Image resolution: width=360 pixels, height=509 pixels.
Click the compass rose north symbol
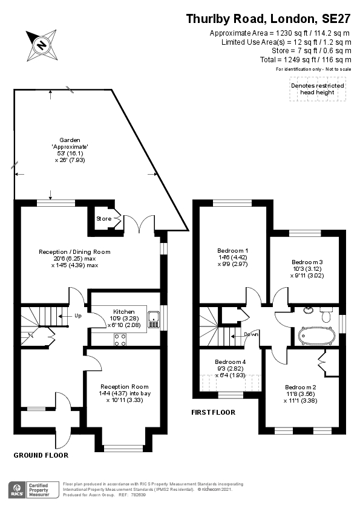tap(41, 44)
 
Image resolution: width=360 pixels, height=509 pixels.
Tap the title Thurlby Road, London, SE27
tap(268, 19)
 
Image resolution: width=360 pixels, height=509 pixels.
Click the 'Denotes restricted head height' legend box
tap(317, 89)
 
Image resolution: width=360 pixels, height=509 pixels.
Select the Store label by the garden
tap(103, 218)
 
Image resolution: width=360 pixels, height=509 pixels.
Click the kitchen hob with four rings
tap(120, 340)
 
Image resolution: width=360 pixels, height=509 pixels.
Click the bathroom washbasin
tap(309, 311)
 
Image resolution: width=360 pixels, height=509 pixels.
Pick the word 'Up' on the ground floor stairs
tap(78, 316)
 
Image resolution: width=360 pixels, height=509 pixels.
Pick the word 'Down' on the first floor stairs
tap(251, 334)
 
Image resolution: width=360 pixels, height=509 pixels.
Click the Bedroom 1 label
tap(233, 250)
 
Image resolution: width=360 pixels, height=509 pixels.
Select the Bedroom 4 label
tap(231, 362)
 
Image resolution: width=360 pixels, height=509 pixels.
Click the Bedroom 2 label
tap(301, 387)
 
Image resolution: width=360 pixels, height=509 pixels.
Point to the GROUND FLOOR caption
tap(41, 455)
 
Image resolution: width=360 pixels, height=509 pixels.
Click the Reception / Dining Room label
tap(74, 251)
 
